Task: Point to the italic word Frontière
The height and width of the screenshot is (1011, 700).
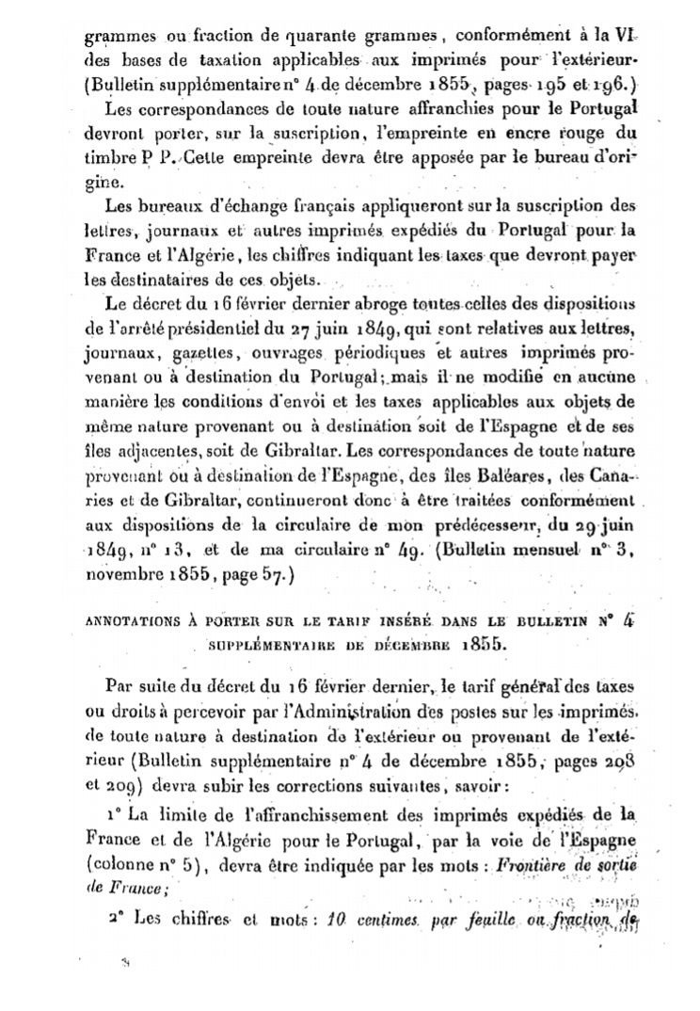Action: [533, 863]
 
